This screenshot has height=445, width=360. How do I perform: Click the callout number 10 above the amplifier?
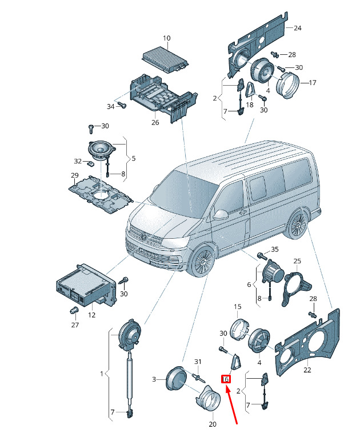167,39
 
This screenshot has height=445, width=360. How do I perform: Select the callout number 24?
297,28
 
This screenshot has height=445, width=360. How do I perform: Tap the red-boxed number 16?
226,379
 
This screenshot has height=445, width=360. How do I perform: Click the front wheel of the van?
202,262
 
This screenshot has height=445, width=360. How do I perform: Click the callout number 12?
91,315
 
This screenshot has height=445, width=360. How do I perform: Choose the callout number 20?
212,424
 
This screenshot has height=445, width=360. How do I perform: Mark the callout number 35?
274,250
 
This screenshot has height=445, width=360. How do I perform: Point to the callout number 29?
74,175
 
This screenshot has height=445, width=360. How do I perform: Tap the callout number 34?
111,106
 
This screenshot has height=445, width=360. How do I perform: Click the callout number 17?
312,83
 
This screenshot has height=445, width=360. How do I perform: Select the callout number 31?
198,362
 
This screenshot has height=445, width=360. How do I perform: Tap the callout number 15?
238,307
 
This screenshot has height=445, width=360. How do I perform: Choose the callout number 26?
155,122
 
